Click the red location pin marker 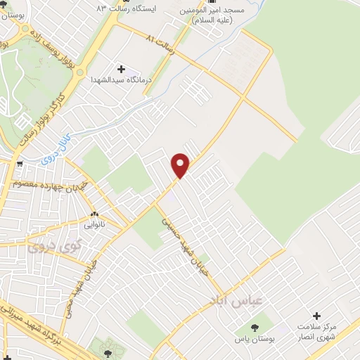pyautogui.click(x=181, y=165)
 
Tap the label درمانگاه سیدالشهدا pyautogui.click(x=121, y=80)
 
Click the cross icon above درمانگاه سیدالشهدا pyautogui.click(x=121, y=69)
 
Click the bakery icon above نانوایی pyautogui.click(x=94, y=214)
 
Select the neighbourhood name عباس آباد pyautogui.click(x=236, y=300)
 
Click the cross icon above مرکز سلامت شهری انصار pyautogui.click(x=317, y=316)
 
